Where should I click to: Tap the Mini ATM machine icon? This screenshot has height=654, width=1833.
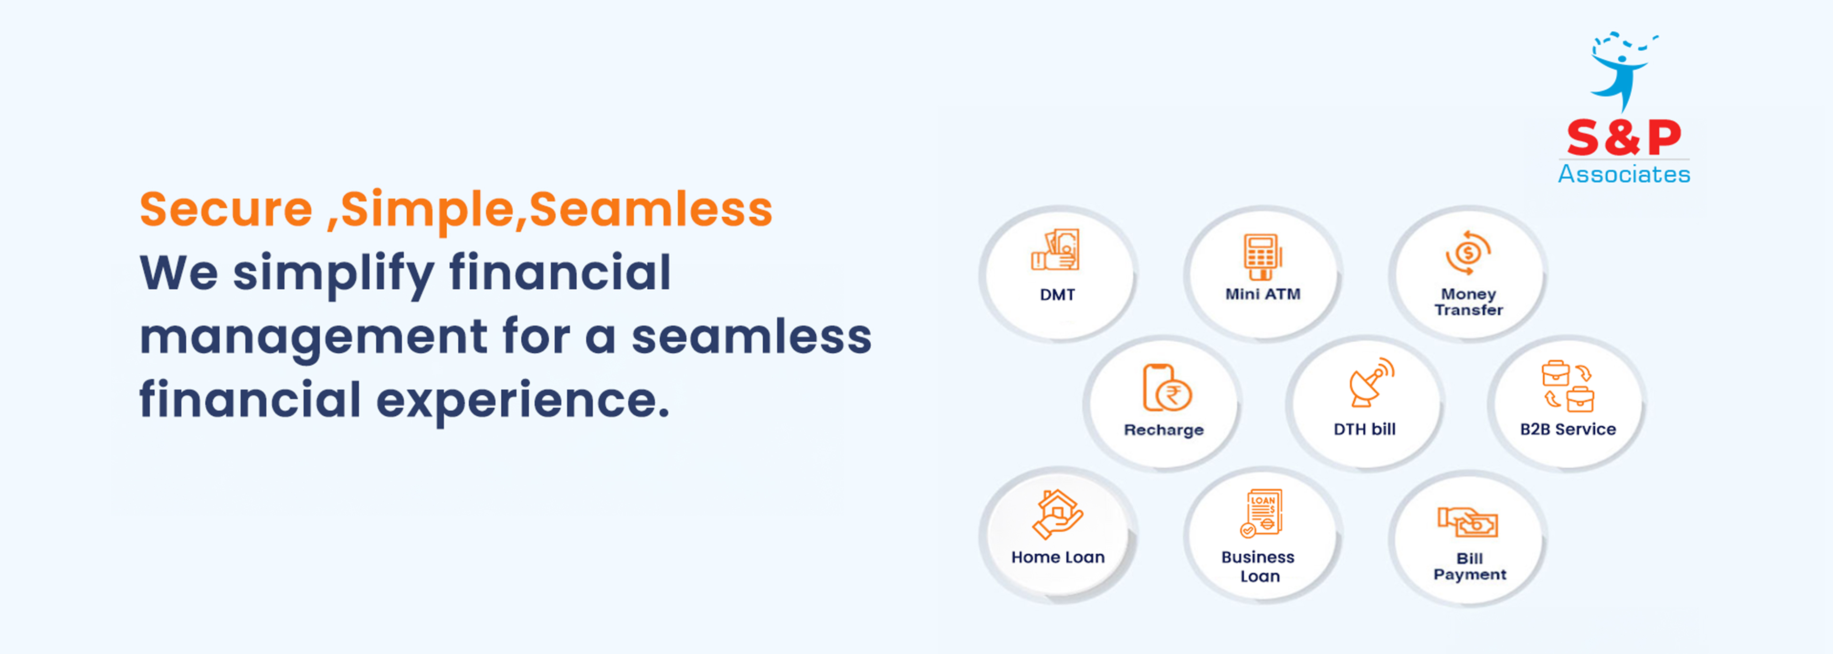coord(1262,257)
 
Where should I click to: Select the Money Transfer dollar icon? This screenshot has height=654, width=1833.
coord(1468,253)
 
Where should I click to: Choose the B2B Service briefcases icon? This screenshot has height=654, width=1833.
coord(1568,386)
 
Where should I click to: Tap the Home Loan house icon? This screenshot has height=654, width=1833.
coord(1057,514)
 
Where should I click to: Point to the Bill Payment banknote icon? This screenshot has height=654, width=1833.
coord(1467,522)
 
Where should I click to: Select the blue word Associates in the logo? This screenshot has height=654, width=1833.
coord(1624,174)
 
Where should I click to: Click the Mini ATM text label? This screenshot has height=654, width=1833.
coord(1262,294)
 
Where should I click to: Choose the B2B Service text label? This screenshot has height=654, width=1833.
coord(1568,429)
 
